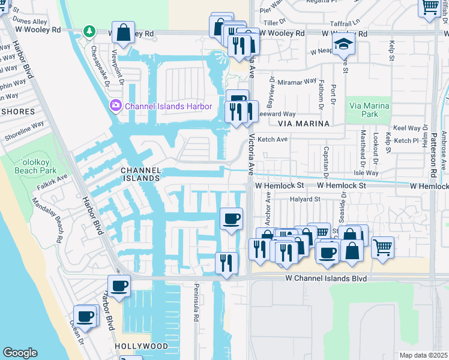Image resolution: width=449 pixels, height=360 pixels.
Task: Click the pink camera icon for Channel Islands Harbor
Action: pos(115,106)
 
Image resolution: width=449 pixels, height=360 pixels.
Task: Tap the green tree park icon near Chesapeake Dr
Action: pos(89,31)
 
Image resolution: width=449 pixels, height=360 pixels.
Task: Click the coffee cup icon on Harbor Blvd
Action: pos(119,286)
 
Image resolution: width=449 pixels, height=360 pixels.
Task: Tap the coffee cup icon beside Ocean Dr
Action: pos(85,316)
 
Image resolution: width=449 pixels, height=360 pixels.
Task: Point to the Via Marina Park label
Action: pos(369,110)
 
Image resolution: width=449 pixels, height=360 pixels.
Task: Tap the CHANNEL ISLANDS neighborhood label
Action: pos(142,174)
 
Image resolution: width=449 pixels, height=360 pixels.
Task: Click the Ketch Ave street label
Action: pos(273,139)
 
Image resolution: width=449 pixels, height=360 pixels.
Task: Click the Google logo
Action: pos(20,353)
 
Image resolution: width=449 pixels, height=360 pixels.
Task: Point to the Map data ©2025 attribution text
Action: pos(423,355)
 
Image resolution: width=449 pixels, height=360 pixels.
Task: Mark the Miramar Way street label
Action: pos(301,81)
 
